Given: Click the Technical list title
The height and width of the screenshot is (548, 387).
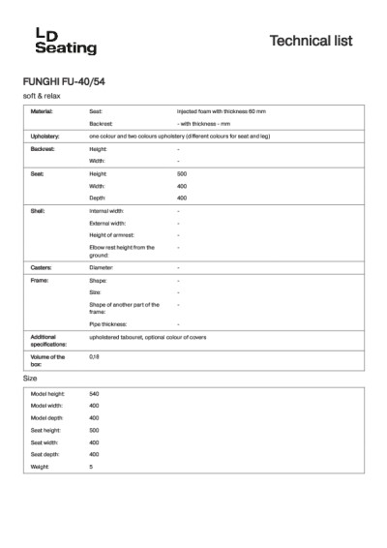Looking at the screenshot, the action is (x=311, y=41).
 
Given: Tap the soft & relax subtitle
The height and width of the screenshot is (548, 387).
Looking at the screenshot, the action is (x=42, y=97).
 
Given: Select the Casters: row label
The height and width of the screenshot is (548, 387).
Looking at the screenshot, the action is (x=42, y=266).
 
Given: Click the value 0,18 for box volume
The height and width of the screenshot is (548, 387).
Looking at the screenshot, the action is (x=94, y=357).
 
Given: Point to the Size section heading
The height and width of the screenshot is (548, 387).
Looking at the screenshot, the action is (x=30, y=378).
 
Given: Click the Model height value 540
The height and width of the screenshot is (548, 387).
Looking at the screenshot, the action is (x=95, y=394).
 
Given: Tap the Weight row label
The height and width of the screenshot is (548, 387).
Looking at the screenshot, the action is (x=40, y=467).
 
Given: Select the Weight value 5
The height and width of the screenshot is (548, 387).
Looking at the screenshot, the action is (x=91, y=467).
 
